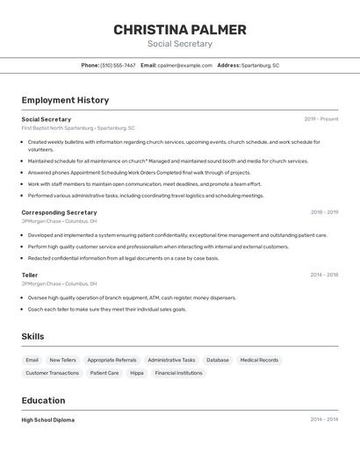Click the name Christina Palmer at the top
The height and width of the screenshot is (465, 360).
click(x=180, y=30)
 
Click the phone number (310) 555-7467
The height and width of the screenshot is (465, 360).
click(x=118, y=65)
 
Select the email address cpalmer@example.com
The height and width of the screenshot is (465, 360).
click(x=184, y=65)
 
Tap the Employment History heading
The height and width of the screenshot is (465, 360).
click(x=65, y=100)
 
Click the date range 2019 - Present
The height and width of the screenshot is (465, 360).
click(x=321, y=119)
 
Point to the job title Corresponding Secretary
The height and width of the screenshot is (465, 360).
click(x=59, y=212)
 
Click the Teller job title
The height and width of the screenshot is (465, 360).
click(x=30, y=275)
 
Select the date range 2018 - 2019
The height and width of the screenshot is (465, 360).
click(x=324, y=212)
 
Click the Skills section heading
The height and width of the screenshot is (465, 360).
click(x=33, y=337)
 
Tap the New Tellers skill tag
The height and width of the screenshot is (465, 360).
click(x=62, y=360)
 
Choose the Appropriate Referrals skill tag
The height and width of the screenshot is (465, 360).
click(x=112, y=360)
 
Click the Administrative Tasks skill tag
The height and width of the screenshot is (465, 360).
click(x=171, y=360)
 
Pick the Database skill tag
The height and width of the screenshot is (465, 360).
click(x=218, y=360)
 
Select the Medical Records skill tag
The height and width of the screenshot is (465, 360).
click(x=259, y=360)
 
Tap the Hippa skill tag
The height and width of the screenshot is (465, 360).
click(x=137, y=373)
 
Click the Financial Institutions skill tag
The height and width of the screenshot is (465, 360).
click(x=178, y=373)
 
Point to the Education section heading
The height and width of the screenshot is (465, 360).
click(x=44, y=401)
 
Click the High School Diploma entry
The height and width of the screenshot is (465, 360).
click(x=48, y=420)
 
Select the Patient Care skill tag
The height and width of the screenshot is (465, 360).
click(x=104, y=373)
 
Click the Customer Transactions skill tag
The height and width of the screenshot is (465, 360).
click(x=52, y=373)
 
